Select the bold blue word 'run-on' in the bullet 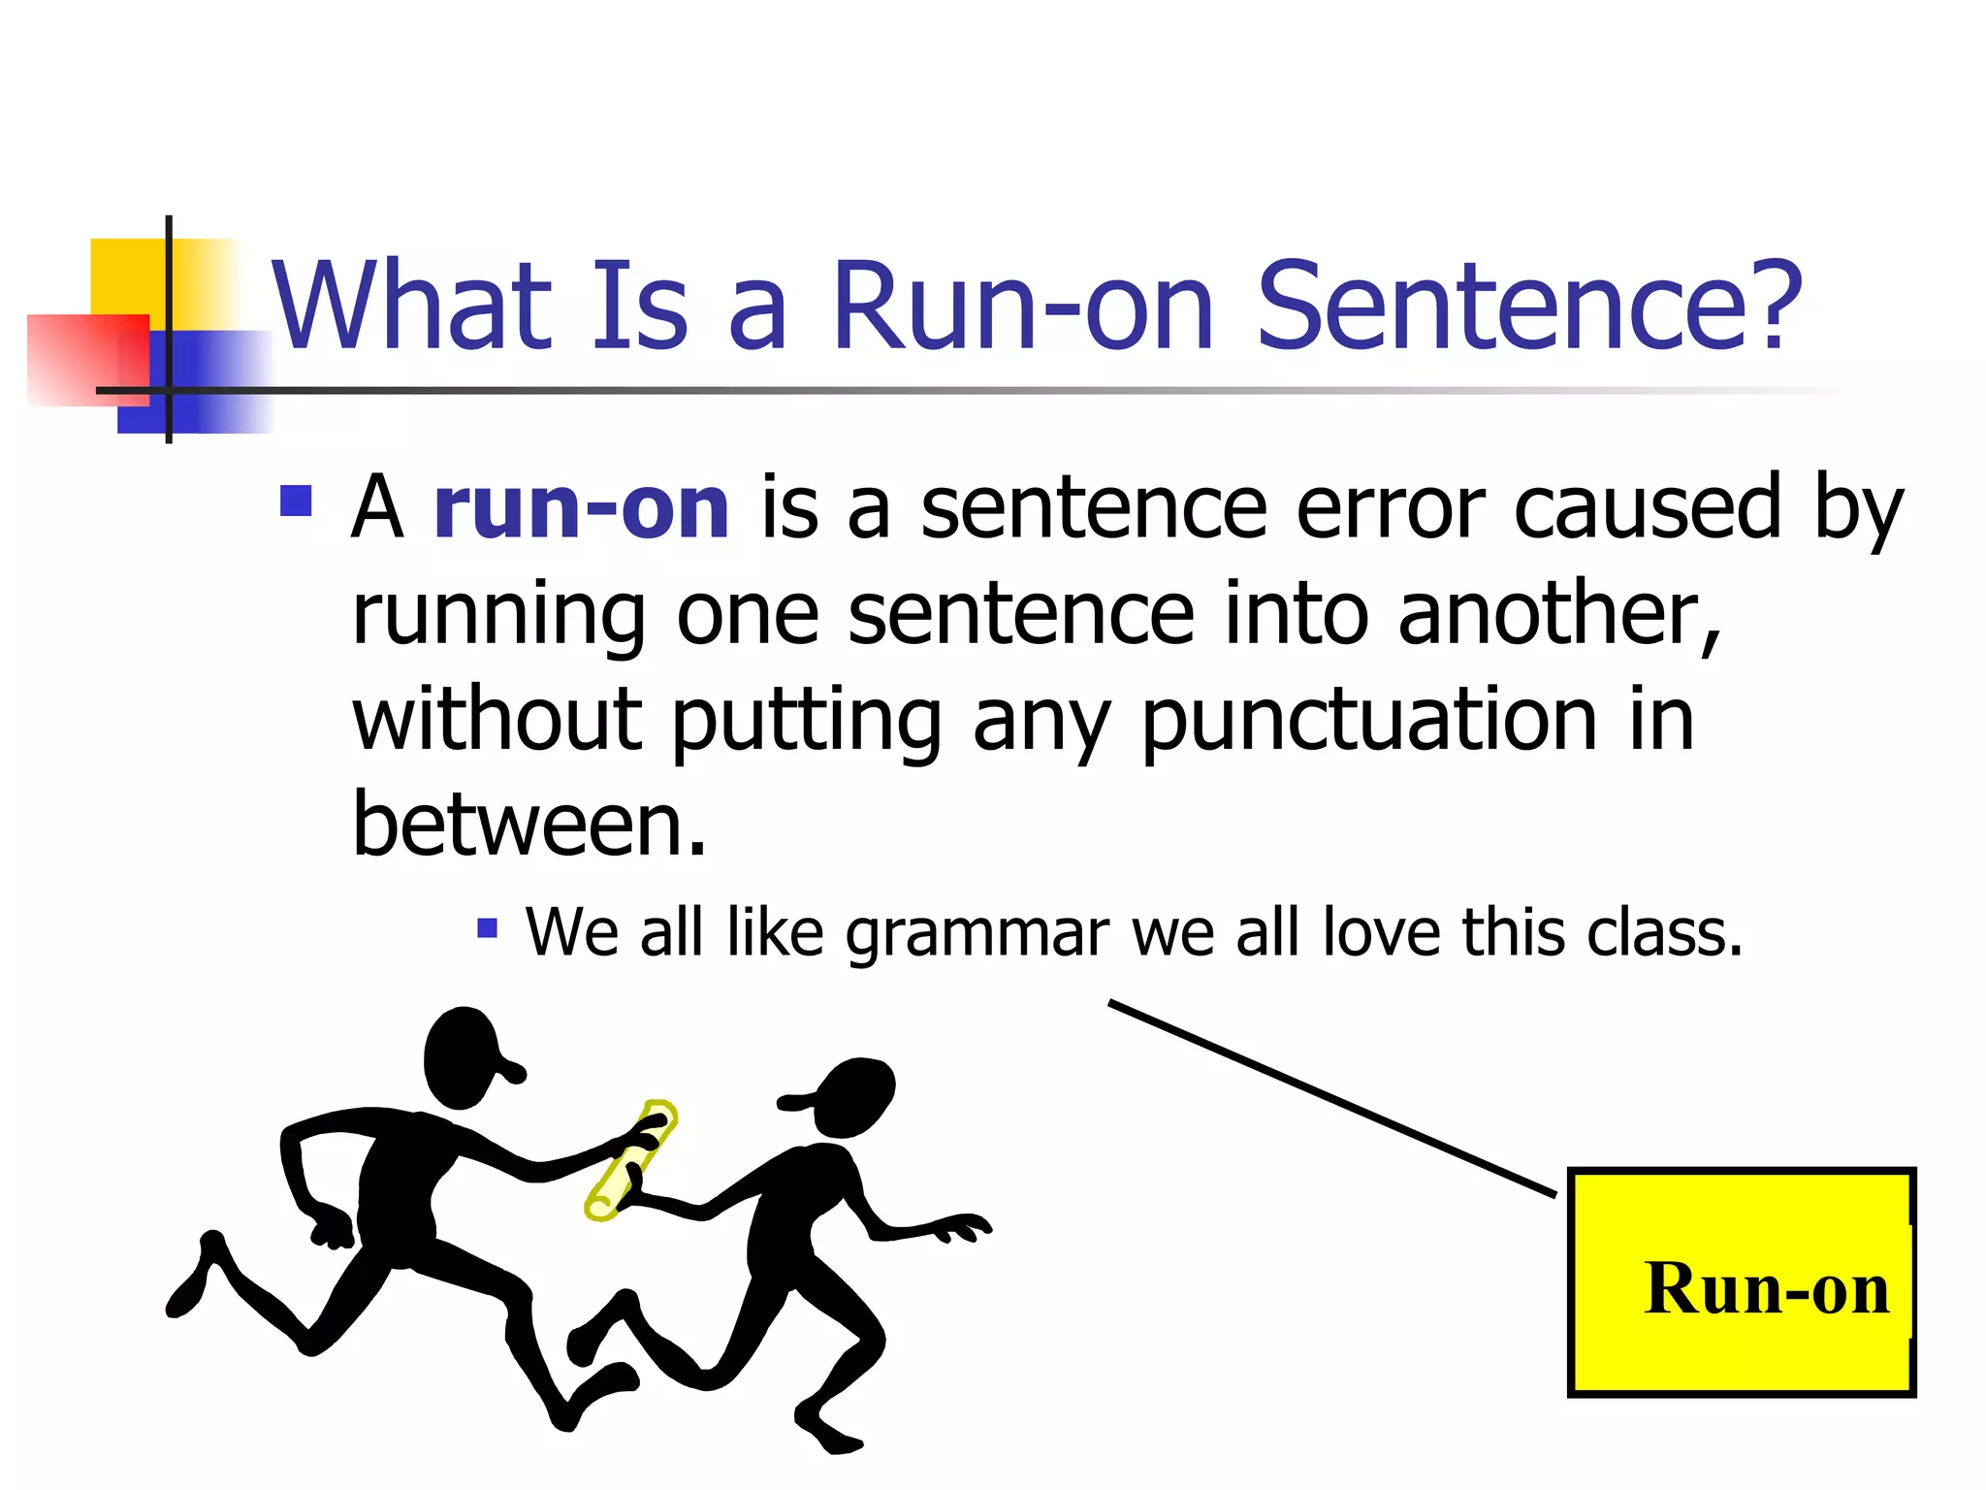coord(581,508)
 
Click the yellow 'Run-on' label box coord(1741,1282)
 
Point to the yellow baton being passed coord(630,1160)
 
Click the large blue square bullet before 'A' coord(296,501)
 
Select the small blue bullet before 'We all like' coord(487,928)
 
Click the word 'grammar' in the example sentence coord(977,933)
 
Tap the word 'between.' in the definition coord(529,826)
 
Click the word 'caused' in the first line coord(1647,508)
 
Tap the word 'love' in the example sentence coord(1381,933)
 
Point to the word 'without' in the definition coord(496,722)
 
